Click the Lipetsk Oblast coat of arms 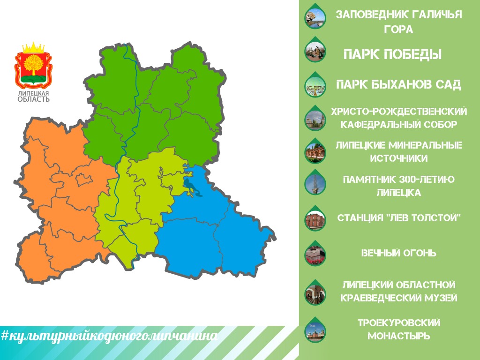point(33,65)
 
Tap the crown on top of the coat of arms point(33,48)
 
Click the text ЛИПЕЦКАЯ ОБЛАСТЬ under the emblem point(33,96)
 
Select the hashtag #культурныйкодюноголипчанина point(109,336)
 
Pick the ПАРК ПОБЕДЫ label point(392,54)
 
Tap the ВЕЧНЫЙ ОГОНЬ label point(398,253)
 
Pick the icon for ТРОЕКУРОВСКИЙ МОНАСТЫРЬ point(315,330)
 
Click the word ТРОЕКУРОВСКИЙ point(399,322)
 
